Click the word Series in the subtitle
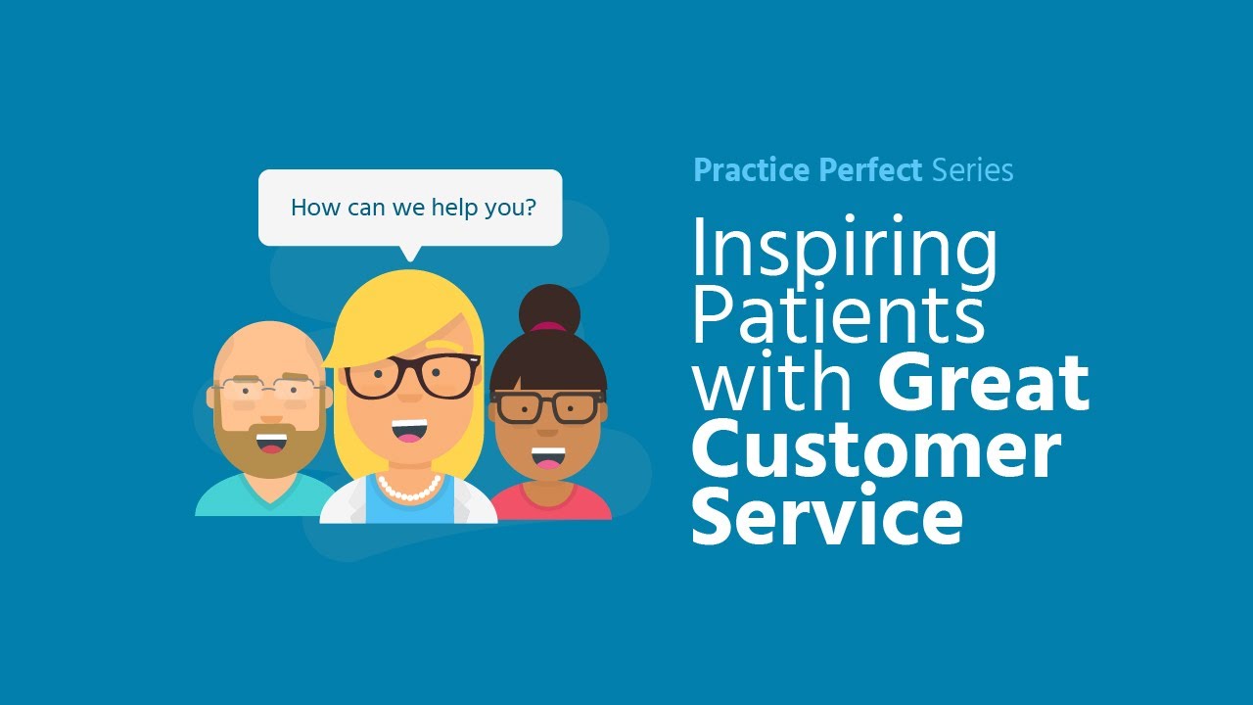pyautogui.click(x=972, y=170)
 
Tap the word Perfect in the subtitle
pyautogui.click(x=870, y=170)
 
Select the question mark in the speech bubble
pyautogui.click(x=530, y=208)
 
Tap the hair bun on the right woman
pyautogui.click(x=549, y=307)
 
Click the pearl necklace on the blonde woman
pyautogui.click(x=409, y=489)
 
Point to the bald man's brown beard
pyautogui.click(x=271, y=452)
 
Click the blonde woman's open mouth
pyautogui.click(x=409, y=432)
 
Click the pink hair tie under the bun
pyautogui.click(x=549, y=327)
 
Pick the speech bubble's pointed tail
pyautogui.click(x=410, y=253)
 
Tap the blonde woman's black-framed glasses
pyautogui.click(x=411, y=376)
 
